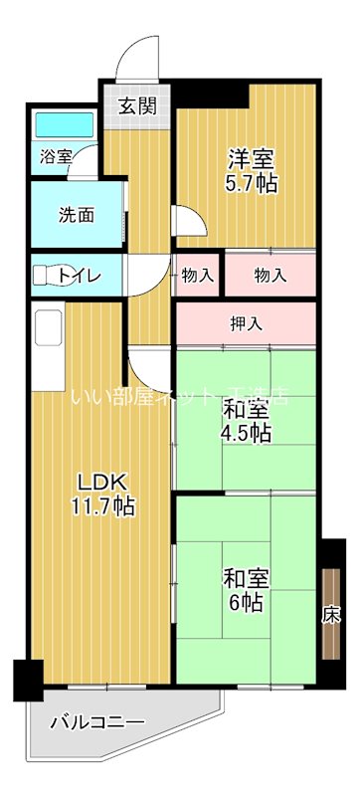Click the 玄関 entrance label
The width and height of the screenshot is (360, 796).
(x=139, y=104)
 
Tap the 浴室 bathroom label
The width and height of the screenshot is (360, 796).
(x=56, y=156)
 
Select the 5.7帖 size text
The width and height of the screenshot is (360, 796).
(x=247, y=183)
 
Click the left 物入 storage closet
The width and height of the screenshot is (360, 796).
(x=198, y=274)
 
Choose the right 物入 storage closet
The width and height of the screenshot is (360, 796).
(x=269, y=274)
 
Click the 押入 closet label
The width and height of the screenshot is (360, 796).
(x=246, y=323)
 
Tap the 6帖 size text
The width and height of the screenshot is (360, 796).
(x=243, y=603)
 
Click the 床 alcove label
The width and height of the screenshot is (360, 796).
(x=328, y=614)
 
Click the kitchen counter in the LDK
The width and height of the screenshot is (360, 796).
(x=48, y=348)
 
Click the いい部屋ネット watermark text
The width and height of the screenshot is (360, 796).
(x=179, y=396)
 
